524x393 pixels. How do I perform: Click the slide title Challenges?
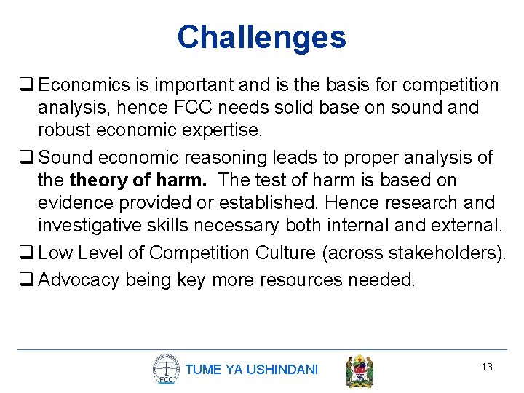tap(261, 37)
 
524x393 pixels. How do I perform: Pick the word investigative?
tap(94, 225)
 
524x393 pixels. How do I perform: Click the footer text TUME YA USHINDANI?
tap(252, 370)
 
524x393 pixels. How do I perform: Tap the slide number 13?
tap(487, 367)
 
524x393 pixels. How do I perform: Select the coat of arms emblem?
tap(360, 370)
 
